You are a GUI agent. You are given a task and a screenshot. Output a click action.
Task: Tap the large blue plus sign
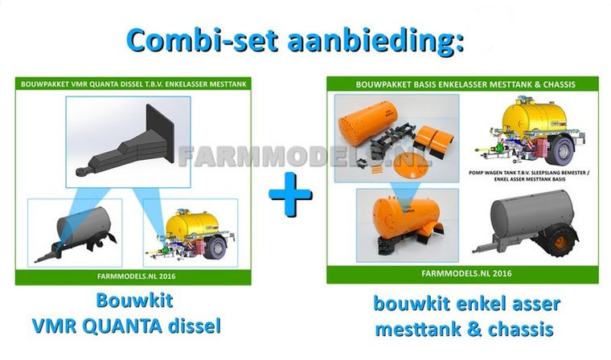click(x=290, y=194)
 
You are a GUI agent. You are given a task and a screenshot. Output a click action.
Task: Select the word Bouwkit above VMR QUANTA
click(x=134, y=301)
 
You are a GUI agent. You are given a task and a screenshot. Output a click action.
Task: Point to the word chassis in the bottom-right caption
click(x=521, y=329)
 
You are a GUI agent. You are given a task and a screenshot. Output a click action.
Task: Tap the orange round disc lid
click(x=412, y=166)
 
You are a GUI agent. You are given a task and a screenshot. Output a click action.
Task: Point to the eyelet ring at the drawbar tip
click(x=82, y=172)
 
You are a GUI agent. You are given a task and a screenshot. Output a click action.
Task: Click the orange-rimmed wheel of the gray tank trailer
click(x=560, y=242)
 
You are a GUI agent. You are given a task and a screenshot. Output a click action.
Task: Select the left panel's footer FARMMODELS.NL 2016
click(x=137, y=276)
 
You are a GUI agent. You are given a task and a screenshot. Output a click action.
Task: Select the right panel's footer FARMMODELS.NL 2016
click(x=466, y=273)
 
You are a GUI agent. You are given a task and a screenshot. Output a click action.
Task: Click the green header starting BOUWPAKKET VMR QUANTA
click(x=133, y=84)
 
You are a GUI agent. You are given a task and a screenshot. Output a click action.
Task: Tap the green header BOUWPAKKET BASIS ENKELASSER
click(x=462, y=84)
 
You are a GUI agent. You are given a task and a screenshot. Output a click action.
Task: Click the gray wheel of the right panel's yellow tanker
click(x=560, y=150)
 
